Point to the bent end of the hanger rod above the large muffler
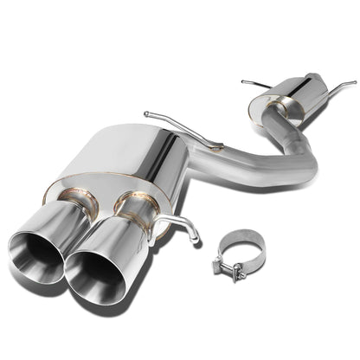click(148, 113)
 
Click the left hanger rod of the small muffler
click(250, 83)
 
